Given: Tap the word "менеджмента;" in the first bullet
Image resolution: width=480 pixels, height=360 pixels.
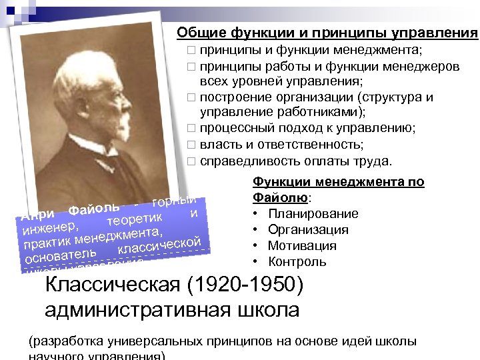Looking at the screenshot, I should click(389, 50).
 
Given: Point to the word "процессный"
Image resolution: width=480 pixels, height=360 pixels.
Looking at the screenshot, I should click(238, 129).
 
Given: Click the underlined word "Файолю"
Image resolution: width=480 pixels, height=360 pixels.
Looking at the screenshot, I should click(280, 197).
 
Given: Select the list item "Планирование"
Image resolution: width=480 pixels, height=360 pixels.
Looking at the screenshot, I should click(313, 213).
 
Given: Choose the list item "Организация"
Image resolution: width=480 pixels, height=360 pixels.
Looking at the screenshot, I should click(308, 229).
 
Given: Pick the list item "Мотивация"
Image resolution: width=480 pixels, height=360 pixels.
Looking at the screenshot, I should click(303, 245).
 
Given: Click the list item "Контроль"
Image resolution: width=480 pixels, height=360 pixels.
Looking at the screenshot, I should click(297, 261).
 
